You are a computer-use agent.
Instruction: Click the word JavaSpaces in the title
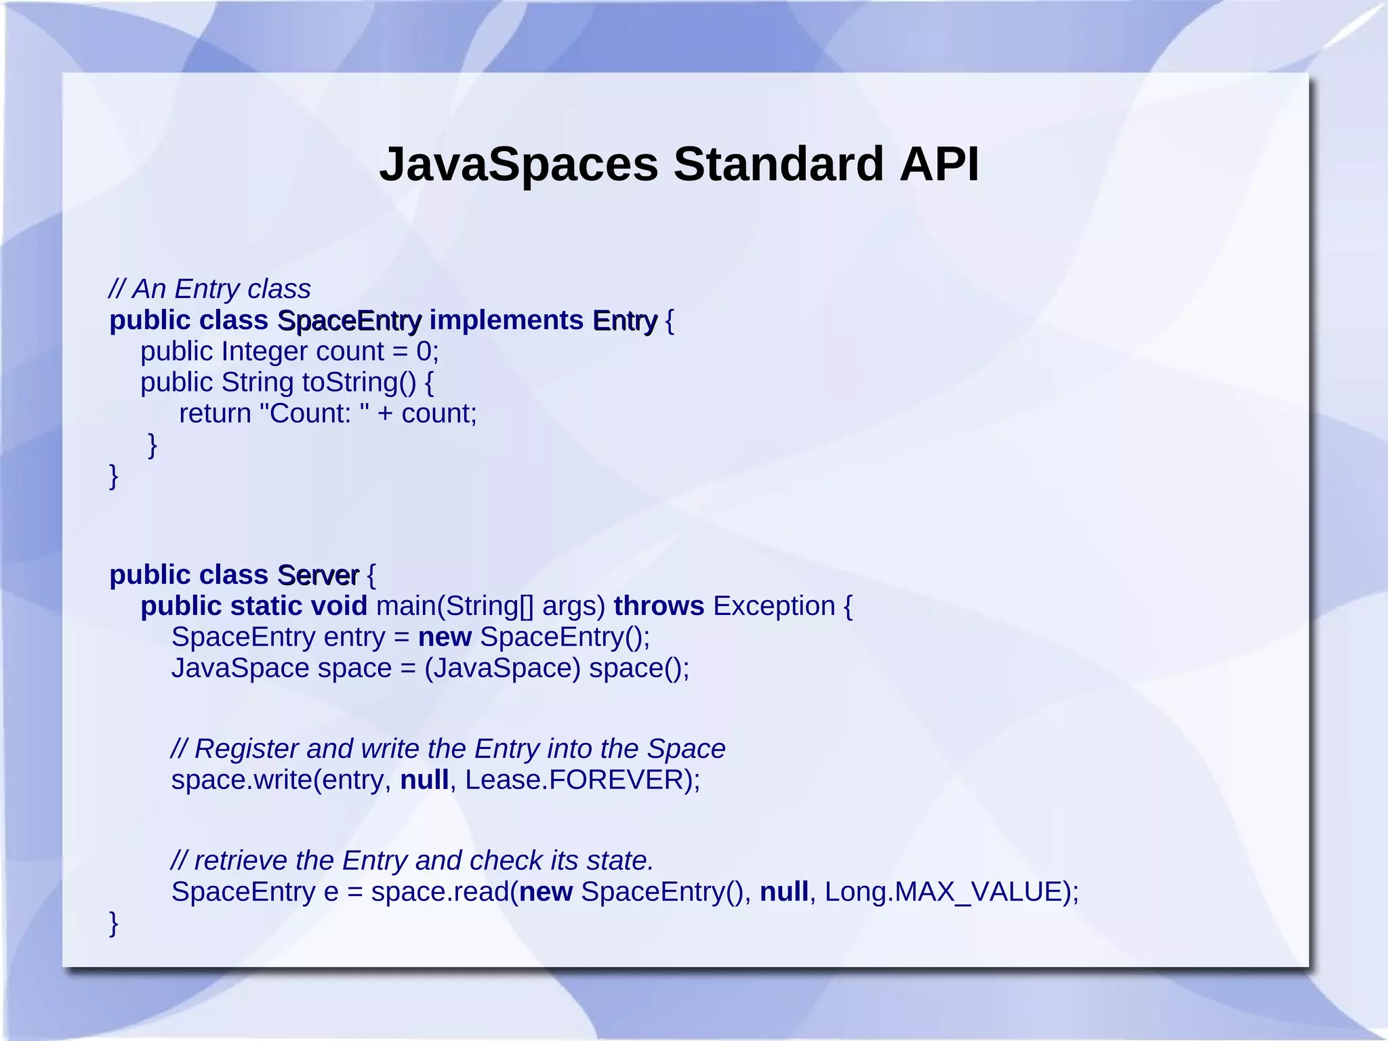tap(518, 165)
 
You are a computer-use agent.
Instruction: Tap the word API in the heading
tap(939, 165)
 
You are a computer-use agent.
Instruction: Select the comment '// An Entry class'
tap(209, 289)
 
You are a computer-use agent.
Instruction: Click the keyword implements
tap(506, 320)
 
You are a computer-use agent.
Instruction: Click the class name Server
tap(318, 575)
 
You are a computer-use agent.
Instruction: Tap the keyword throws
tap(659, 606)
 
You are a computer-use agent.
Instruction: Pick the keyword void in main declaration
tap(338, 606)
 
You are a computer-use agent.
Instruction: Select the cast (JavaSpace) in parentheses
tap(502, 668)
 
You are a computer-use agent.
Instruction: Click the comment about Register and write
tap(448, 749)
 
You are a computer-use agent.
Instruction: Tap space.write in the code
tap(241, 780)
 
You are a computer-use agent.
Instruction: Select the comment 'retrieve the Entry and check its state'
tap(412, 861)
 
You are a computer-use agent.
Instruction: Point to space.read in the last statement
tap(439, 892)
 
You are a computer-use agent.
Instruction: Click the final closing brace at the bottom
tap(114, 923)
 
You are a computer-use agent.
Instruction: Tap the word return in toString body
tap(215, 414)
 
